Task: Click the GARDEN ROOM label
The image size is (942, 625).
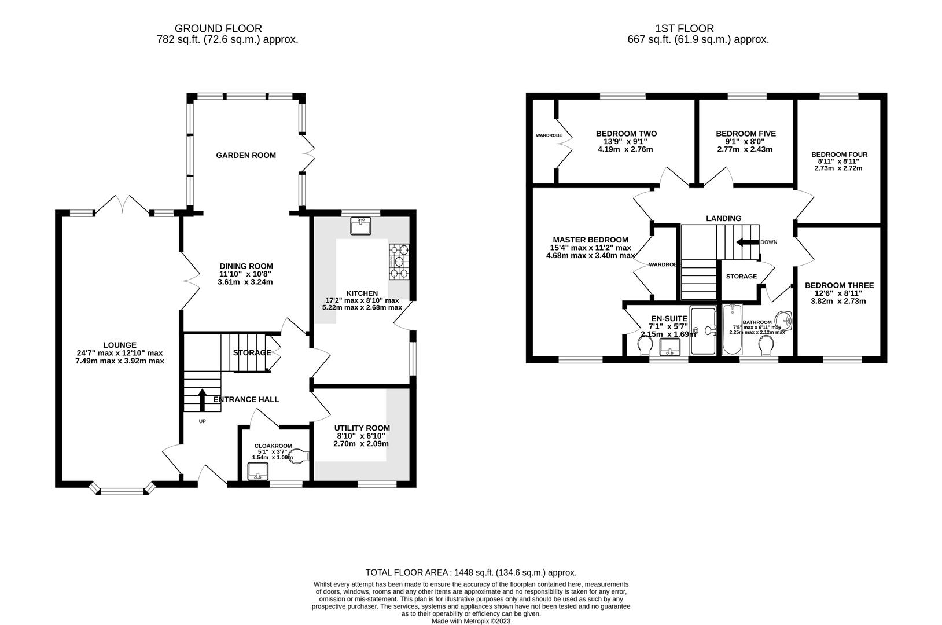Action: click(x=246, y=155)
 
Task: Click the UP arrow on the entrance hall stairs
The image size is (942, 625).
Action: click(x=202, y=399)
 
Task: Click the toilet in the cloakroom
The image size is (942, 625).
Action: click(x=299, y=455)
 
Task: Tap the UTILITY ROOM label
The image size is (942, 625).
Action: click(x=362, y=428)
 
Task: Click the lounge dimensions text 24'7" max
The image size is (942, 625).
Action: click(x=120, y=353)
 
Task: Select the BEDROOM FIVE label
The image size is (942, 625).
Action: click(x=745, y=134)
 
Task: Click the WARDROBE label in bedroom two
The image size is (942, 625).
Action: click(x=549, y=135)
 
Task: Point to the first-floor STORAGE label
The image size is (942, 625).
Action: click(x=741, y=277)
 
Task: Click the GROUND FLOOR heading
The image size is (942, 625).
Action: click(x=218, y=28)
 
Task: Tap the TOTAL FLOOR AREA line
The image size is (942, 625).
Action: click(x=470, y=572)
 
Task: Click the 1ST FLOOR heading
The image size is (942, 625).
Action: click(x=685, y=28)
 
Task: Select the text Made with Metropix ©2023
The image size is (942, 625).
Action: click(x=471, y=621)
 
